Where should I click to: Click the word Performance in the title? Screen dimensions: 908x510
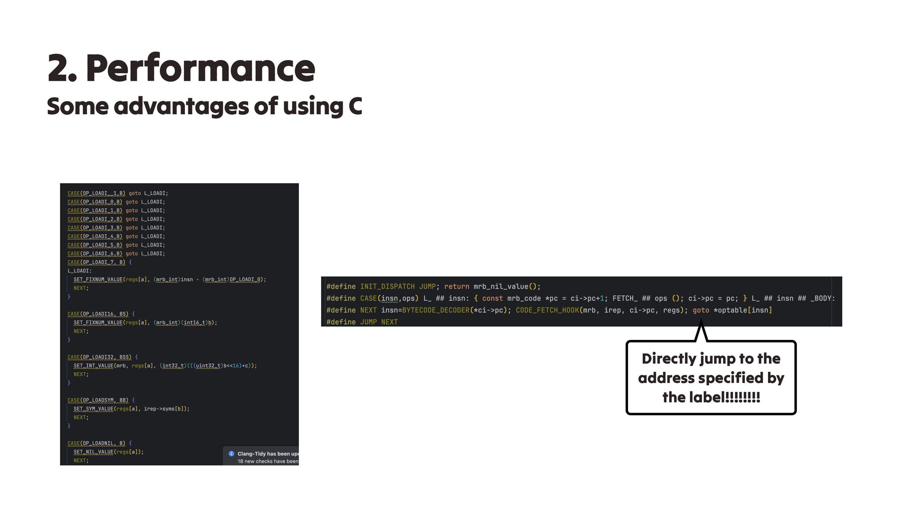(200, 68)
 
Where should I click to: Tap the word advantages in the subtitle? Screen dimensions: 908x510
(182, 106)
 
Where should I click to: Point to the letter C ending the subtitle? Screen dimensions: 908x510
(355, 106)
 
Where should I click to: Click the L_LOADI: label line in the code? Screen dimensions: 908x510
(79, 271)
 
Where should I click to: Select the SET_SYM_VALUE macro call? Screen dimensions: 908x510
(93, 409)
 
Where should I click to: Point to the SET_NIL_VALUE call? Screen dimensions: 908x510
(93, 452)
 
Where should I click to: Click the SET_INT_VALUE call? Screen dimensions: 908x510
(93, 366)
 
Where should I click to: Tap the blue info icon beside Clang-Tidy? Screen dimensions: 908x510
(231, 454)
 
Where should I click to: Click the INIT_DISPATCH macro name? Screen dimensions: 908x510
(387, 287)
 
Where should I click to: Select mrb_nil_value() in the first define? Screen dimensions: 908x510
(506, 287)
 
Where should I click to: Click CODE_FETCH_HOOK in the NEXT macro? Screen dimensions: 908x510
(547, 310)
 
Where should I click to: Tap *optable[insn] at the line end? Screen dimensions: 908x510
(742, 310)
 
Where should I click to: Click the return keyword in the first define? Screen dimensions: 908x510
(456, 287)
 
